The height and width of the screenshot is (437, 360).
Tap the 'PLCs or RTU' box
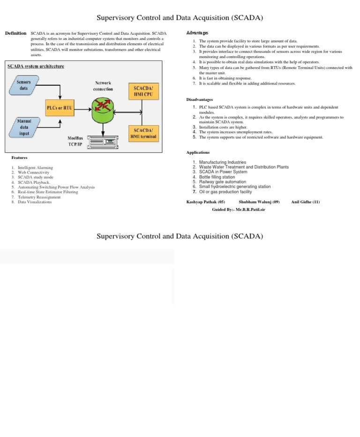click(59, 108)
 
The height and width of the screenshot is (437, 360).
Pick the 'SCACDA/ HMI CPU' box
click(143, 91)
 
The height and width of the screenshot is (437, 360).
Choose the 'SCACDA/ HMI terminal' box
click(143, 133)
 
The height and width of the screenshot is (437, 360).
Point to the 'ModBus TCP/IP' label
click(75, 141)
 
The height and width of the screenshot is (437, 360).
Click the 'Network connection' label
click(103, 86)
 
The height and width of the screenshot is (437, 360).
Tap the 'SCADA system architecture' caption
click(36, 66)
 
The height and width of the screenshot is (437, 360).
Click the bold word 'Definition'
click(15, 34)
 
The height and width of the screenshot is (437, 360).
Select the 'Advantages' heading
click(197, 33)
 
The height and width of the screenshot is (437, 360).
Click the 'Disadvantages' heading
click(200, 99)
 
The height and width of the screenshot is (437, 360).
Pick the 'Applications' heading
click(198, 152)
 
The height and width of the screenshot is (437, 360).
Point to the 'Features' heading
click(20, 158)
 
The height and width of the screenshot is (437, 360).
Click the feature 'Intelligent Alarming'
click(35, 167)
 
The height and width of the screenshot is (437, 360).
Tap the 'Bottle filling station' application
click(217, 177)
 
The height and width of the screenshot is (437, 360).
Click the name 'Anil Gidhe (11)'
click(305, 202)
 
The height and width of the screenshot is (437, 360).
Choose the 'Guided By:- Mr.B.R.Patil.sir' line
click(242, 211)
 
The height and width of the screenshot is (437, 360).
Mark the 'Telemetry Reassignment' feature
click(39, 197)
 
